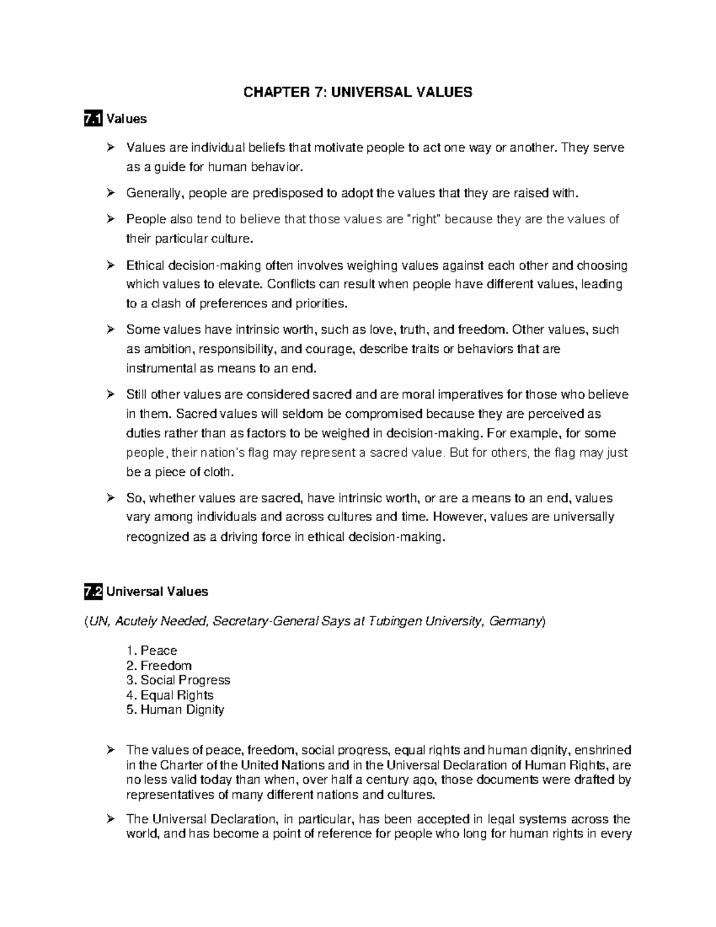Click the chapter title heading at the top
coord(357,92)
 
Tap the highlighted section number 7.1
coord(94,119)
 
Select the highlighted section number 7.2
coord(94,592)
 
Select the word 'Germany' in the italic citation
coord(515,622)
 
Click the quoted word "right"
coord(423,220)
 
